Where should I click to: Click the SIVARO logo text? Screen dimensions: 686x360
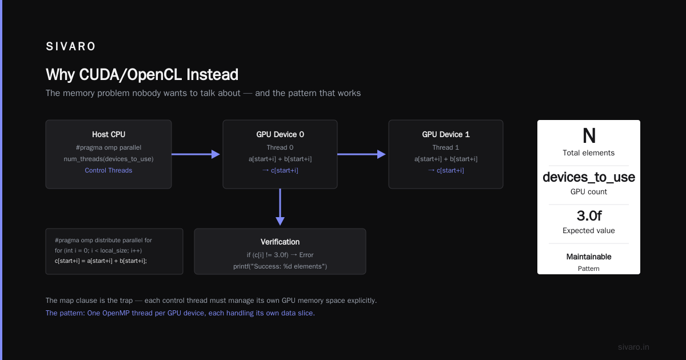(x=70, y=46)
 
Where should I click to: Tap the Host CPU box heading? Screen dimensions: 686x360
(x=109, y=134)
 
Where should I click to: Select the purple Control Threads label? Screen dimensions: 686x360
(x=109, y=170)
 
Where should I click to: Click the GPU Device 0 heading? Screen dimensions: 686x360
(x=280, y=134)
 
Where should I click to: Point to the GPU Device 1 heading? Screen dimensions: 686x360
(x=446, y=134)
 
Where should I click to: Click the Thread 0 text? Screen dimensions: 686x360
(x=280, y=147)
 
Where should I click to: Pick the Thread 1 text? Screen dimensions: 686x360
(x=445, y=147)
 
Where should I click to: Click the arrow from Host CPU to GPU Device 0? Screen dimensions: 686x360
(x=196, y=154)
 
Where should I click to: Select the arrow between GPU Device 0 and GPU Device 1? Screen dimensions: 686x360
(x=361, y=154)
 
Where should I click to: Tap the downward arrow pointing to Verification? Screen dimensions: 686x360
(x=280, y=207)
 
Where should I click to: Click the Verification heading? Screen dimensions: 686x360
(x=280, y=242)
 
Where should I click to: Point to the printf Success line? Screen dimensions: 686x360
(x=280, y=266)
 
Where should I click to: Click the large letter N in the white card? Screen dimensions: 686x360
(x=589, y=135)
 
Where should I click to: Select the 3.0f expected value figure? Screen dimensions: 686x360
(x=589, y=216)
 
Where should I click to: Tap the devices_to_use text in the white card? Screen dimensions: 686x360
(x=589, y=177)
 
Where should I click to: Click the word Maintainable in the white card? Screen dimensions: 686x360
(x=589, y=257)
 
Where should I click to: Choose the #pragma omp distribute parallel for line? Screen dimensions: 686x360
(x=103, y=241)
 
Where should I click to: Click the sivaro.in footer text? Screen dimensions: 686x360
(x=633, y=347)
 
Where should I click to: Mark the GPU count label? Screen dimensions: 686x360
(x=589, y=191)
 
